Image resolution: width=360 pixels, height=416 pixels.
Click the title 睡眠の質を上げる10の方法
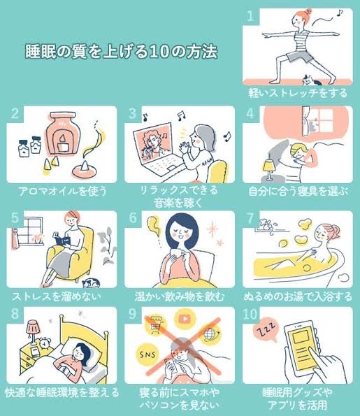tap(121, 51)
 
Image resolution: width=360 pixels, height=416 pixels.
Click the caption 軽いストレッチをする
tap(298, 93)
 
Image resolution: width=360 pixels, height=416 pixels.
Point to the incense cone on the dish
tap(86, 166)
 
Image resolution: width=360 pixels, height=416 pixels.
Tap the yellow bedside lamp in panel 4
tap(268, 169)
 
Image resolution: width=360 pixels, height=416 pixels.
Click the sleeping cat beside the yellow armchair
tap(91, 283)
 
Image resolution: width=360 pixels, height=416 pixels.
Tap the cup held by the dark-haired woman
tap(178, 252)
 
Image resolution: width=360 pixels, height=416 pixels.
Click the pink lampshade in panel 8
tap(33, 327)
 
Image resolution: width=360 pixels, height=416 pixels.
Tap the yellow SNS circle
tap(147, 354)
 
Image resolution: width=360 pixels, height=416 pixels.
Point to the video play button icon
tap(185, 319)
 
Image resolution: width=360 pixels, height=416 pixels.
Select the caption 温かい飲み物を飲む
tap(180, 296)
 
